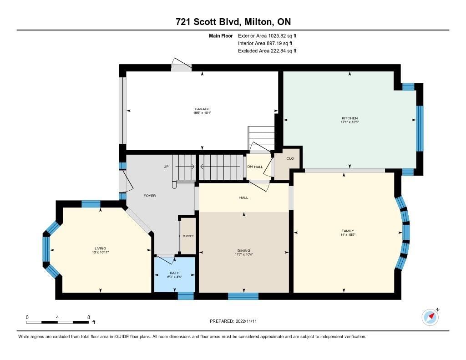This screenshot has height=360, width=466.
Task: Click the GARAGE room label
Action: tap(202, 109)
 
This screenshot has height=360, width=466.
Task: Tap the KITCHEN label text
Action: tap(350, 118)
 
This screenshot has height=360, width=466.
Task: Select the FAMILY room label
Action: tap(348, 231)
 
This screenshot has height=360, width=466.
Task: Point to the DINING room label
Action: tap(244, 251)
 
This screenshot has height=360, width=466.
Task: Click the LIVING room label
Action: tap(101, 248)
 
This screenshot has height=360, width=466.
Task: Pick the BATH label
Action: tap(175, 273)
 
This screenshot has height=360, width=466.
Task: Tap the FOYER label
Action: tap(149, 196)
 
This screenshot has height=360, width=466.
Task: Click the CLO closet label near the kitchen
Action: tap(290, 158)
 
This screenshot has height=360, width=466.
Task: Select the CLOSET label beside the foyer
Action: tap(188, 236)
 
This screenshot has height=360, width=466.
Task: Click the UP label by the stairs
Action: tap(166, 167)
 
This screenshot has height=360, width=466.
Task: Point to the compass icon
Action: tap(431, 317)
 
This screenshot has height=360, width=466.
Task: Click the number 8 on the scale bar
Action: tap(89, 317)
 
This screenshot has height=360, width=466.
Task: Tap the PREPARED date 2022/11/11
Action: tap(246, 321)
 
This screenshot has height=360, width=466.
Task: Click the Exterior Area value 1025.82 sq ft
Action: tap(282, 36)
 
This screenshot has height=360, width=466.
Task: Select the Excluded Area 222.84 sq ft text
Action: tap(267, 51)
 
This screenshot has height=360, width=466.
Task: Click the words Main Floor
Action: tap(221, 36)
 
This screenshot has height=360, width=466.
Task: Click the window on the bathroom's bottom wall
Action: tap(186, 296)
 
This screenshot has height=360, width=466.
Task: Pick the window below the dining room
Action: tap(243, 296)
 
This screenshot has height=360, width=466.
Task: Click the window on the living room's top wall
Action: tap(91, 204)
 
